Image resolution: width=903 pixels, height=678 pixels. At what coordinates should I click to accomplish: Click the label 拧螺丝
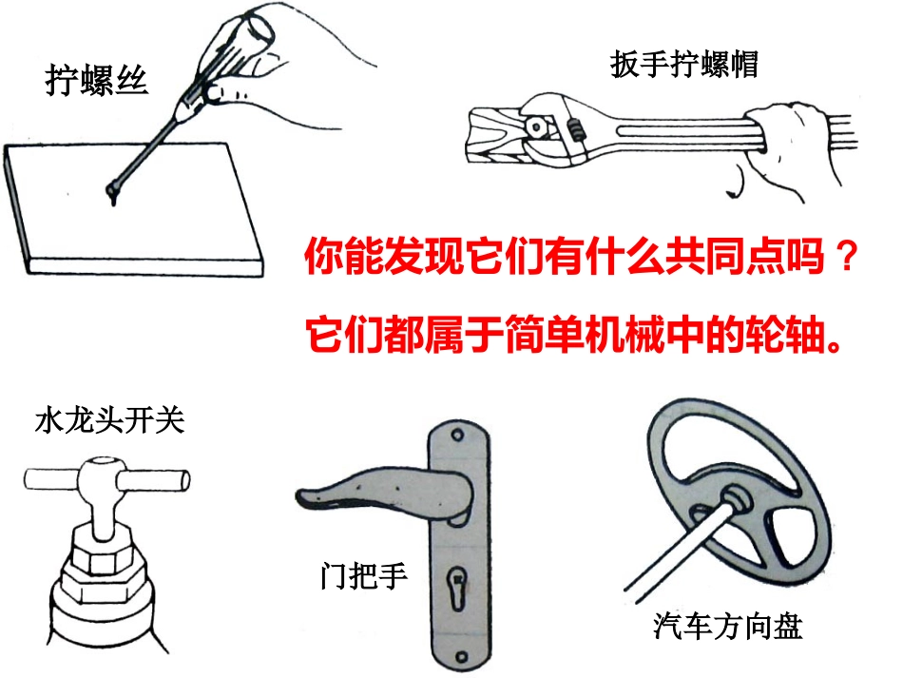tap(98, 81)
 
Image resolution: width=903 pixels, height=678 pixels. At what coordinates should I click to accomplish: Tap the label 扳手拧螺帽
tap(683, 66)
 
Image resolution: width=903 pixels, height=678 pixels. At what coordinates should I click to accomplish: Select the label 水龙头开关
tap(109, 420)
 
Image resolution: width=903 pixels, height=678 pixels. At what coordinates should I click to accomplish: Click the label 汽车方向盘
tap(728, 627)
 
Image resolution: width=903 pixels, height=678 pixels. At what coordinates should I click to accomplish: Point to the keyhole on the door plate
tap(458, 579)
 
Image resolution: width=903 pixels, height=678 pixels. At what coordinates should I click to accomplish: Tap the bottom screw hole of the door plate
tap(459, 656)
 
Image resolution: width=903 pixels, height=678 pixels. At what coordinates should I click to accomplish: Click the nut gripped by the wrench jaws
tap(538, 125)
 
